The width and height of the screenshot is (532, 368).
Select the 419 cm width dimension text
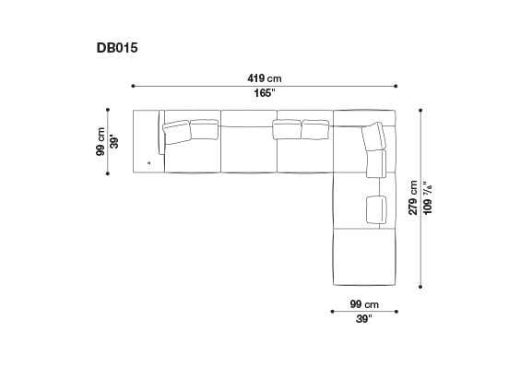point(265,77)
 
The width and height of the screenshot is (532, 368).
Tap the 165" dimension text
point(265,93)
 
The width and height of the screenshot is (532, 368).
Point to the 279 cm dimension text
point(413,197)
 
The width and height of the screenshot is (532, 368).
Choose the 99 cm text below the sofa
point(364,304)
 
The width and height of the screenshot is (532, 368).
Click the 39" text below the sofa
point(364,320)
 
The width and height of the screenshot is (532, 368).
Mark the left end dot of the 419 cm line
point(134,86)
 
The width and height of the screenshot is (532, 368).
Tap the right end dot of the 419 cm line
point(396,86)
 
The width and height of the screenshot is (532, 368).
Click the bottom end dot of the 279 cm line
point(421,286)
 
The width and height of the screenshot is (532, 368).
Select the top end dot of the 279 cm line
point(421,110)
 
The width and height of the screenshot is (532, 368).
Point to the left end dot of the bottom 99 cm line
point(332,312)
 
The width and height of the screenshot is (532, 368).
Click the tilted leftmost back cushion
point(175,132)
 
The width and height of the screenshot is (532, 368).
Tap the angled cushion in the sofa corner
point(374,137)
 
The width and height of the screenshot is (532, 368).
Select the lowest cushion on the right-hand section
point(375,208)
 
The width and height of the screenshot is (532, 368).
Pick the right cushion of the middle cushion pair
point(315,128)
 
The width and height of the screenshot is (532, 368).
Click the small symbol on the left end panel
point(148,161)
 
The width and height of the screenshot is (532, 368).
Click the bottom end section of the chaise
point(363,257)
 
